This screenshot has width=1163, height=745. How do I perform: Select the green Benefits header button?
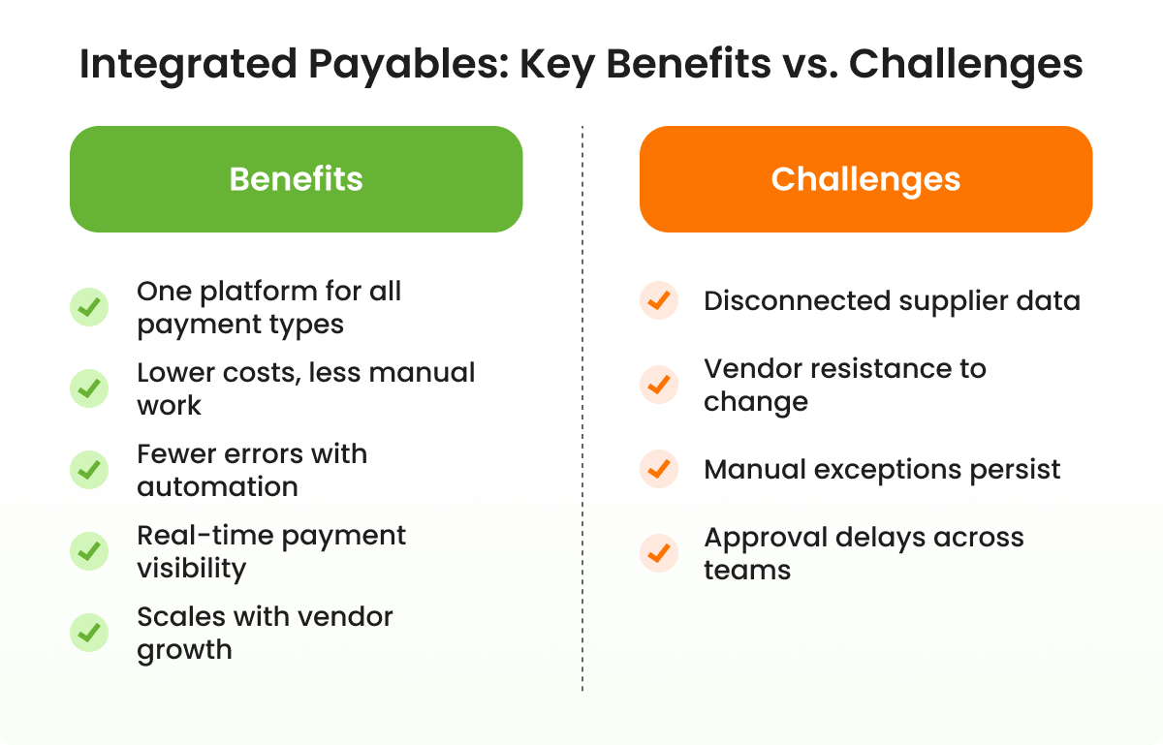(296, 179)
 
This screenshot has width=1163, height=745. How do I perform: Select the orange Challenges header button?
(865, 179)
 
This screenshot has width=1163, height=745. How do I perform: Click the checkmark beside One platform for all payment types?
(89, 307)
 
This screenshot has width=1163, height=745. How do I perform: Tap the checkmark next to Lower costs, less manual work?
(89, 388)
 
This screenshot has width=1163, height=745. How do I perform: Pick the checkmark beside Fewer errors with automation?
(89, 470)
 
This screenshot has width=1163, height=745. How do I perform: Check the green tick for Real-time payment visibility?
(89, 551)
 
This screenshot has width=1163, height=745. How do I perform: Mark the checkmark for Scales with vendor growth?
(89, 633)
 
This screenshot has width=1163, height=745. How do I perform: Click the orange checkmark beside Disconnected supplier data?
(659, 301)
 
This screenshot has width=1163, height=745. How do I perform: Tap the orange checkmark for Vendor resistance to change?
(659, 385)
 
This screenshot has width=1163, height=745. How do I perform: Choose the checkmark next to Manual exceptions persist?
(659, 470)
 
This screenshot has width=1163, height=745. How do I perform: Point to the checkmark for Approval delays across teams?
(659, 553)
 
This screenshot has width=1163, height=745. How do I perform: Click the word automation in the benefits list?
(217, 486)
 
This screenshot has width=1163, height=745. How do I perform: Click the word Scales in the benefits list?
(177, 617)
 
